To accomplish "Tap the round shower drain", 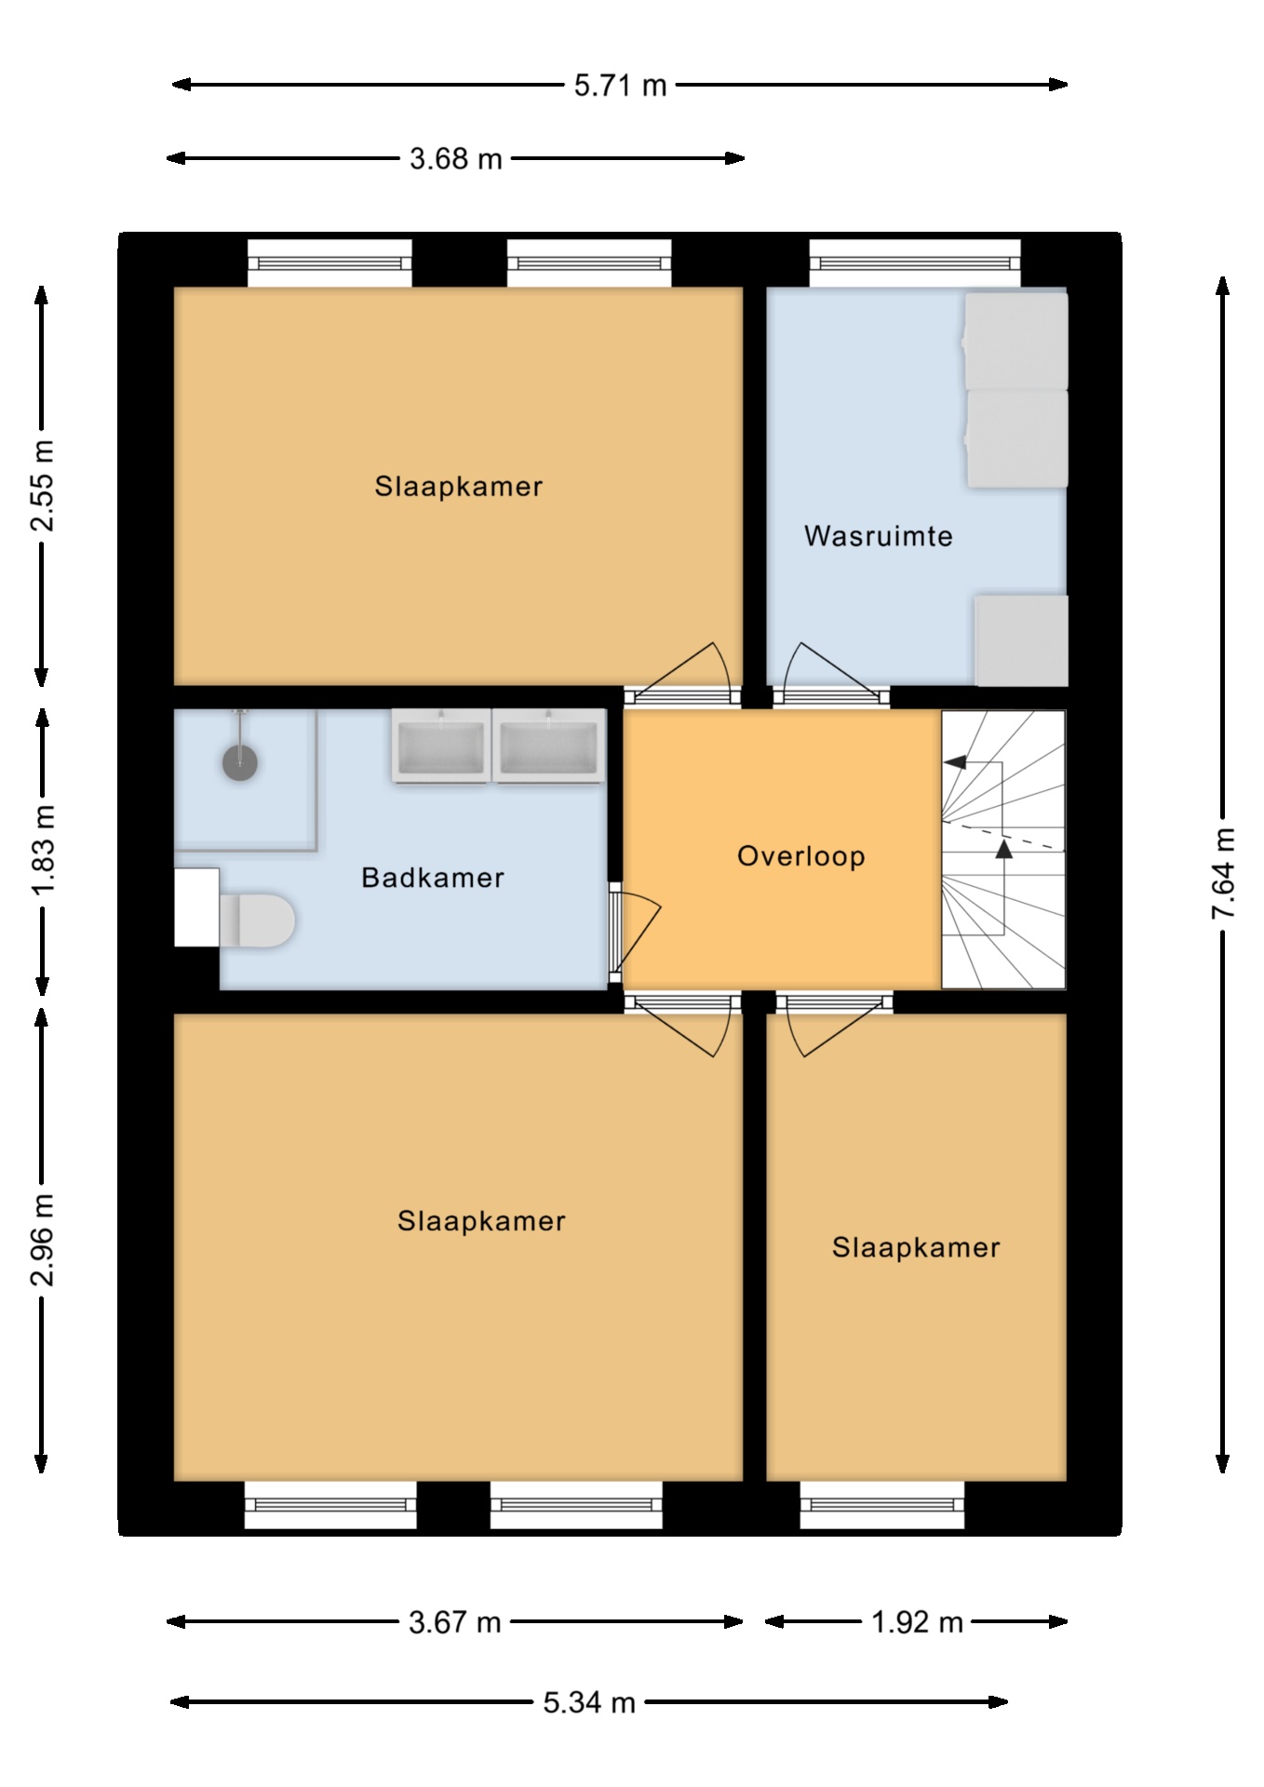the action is (x=240, y=762).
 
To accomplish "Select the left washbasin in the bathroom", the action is (x=441, y=746).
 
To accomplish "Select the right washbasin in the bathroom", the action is (x=548, y=746).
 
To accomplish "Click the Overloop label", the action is (x=801, y=856).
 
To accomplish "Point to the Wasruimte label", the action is (x=879, y=536).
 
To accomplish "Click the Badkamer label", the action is (x=433, y=878).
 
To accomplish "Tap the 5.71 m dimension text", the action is (x=620, y=86).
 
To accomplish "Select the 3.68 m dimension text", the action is (x=455, y=159).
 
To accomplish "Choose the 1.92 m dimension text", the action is (x=917, y=1622).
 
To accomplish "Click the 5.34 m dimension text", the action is (x=589, y=1702).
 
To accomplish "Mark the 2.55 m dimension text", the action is (x=43, y=486).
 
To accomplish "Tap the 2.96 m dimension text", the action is (x=43, y=1239).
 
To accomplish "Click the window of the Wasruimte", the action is (x=915, y=263).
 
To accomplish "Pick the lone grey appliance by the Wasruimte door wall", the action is (x=1021, y=640).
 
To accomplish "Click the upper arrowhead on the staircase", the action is (x=955, y=762).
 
